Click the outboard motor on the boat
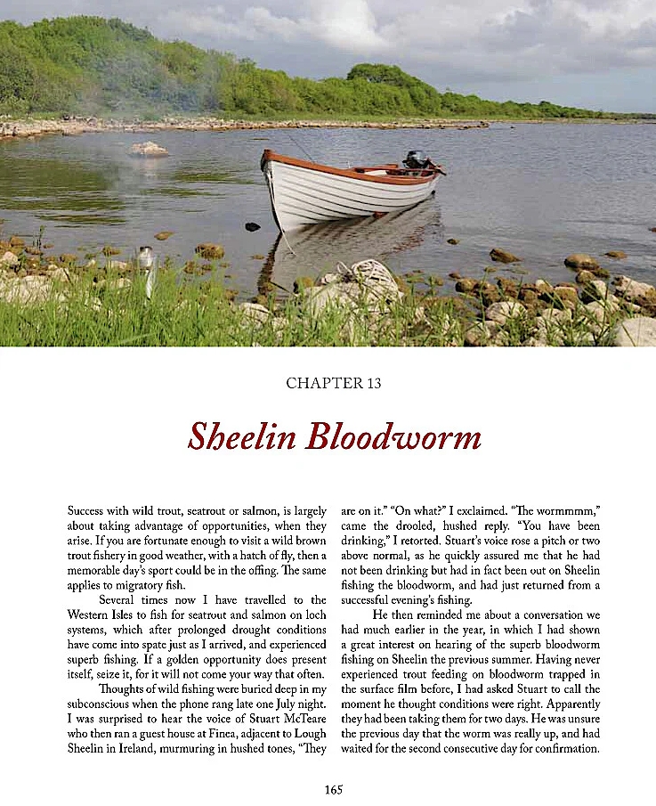[x=416, y=160]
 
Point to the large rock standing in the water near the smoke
[x=149, y=150]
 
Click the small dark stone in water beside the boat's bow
[x=252, y=227]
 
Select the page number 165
[x=334, y=789]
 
